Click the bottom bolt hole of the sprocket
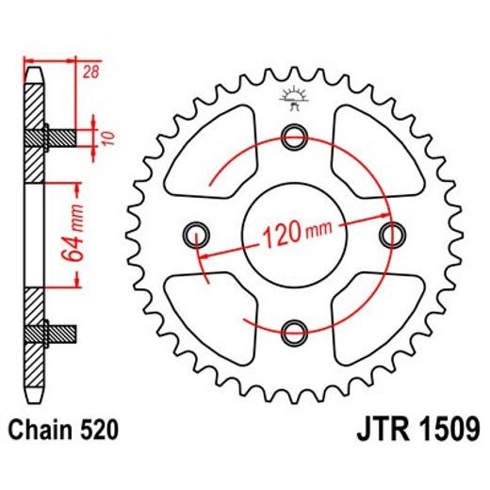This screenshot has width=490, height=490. point(294,329)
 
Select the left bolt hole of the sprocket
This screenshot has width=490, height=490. point(198,232)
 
